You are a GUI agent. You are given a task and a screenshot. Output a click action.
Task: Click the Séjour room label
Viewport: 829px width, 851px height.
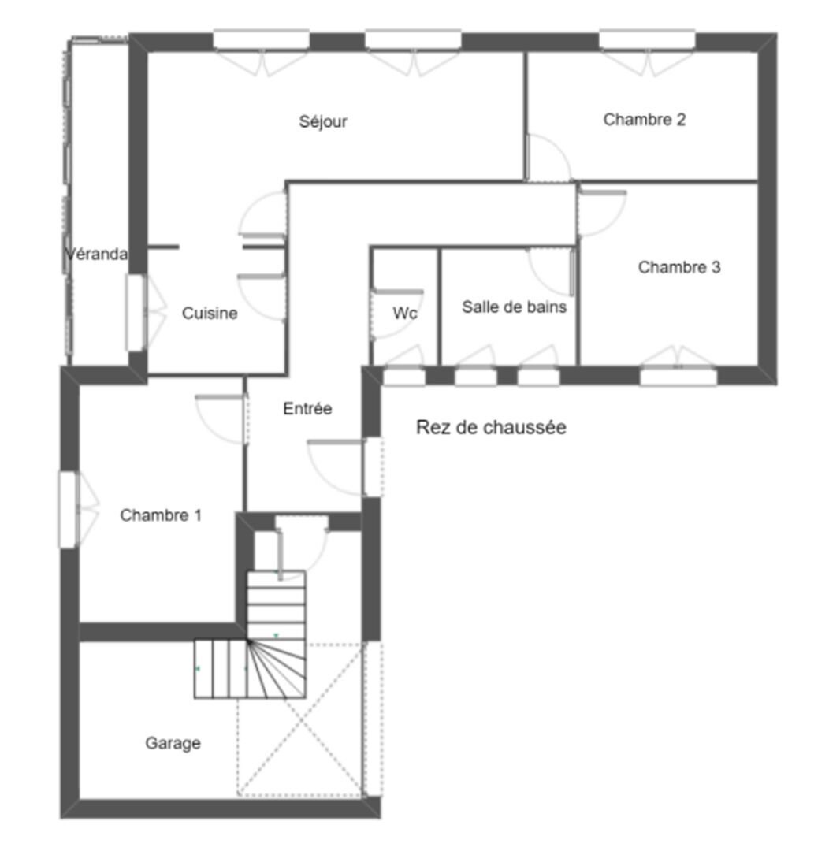coord(323,121)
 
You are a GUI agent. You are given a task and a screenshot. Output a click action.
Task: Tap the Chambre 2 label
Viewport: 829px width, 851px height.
coord(645,120)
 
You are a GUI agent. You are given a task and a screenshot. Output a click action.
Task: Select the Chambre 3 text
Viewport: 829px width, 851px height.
coord(679,267)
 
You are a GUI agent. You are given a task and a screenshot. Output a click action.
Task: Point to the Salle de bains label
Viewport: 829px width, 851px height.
coord(514,307)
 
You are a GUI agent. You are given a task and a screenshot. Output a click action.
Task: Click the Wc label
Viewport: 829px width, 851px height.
coord(405,313)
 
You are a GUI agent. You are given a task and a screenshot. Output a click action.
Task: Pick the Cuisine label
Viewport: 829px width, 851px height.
coord(210,313)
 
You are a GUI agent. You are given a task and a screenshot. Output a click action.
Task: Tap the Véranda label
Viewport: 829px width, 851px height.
coord(96,254)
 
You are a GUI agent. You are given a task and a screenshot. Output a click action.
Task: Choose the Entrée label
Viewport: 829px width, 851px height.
coord(307,408)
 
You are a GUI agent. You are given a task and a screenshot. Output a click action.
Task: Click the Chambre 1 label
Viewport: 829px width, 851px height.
coord(161,515)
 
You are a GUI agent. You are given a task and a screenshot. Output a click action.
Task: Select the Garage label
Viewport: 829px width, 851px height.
coord(173,743)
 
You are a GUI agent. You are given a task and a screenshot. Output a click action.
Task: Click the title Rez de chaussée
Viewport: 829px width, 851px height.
coord(491,427)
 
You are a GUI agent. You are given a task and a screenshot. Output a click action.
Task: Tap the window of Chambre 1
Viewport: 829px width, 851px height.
coord(69,510)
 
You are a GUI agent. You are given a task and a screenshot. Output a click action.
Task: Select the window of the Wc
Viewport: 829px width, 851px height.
coord(404,376)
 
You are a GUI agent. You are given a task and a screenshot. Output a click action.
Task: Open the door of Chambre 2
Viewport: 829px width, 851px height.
coord(548,158)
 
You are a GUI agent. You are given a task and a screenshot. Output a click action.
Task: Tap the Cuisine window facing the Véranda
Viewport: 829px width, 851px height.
coord(136,313)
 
